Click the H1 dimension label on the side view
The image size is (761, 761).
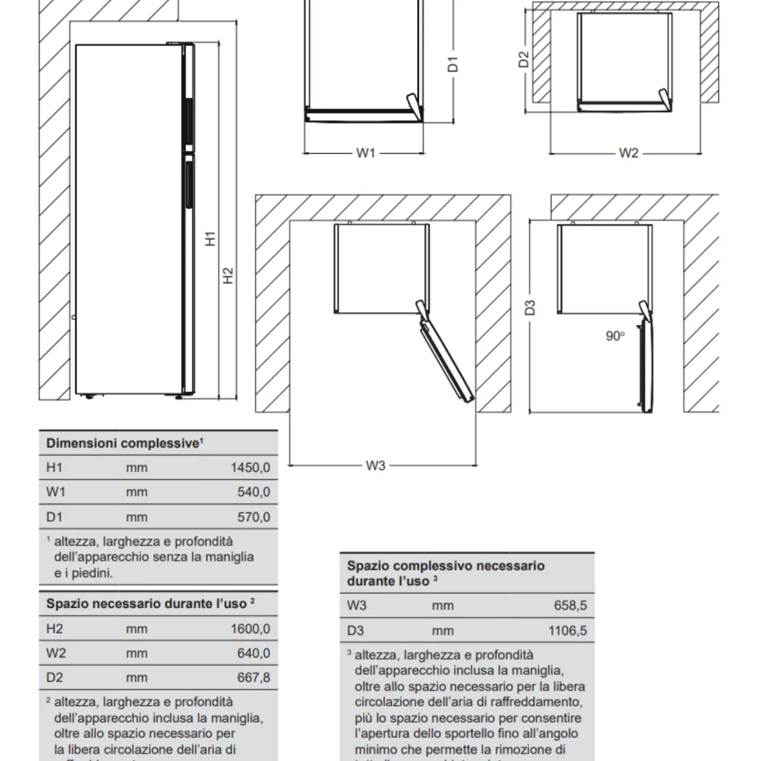(210, 239)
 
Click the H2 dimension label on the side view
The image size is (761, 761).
(228, 276)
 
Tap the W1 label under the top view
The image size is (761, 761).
(365, 153)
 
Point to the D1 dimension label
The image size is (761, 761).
(452, 64)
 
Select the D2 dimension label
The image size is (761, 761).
(523, 59)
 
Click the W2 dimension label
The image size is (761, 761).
(628, 153)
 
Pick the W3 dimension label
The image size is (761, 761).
(375, 466)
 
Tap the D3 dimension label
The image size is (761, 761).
(530, 307)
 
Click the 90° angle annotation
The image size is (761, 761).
(615, 336)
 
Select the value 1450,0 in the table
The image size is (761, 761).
(250, 468)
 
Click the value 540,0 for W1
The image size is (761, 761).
(253, 492)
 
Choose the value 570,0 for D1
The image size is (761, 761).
(253, 517)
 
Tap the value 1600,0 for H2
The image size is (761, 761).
(250, 629)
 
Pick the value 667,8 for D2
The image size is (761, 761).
(253, 678)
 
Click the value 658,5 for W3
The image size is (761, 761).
(570, 606)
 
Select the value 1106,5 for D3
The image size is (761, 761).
(567, 631)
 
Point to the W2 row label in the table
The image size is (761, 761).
(56, 654)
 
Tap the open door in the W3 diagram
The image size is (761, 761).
(446, 360)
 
